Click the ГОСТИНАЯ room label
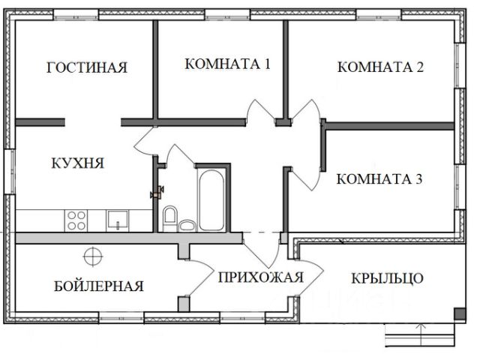(x=86, y=67)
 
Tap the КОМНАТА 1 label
(x=227, y=64)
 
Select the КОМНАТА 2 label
(x=381, y=67)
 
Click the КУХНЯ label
(x=77, y=163)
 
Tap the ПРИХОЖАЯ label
(x=261, y=277)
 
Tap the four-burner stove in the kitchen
(x=76, y=220)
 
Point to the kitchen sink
(x=118, y=220)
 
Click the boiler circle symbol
(x=92, y=256)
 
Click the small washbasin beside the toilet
(x=187, y=223)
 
